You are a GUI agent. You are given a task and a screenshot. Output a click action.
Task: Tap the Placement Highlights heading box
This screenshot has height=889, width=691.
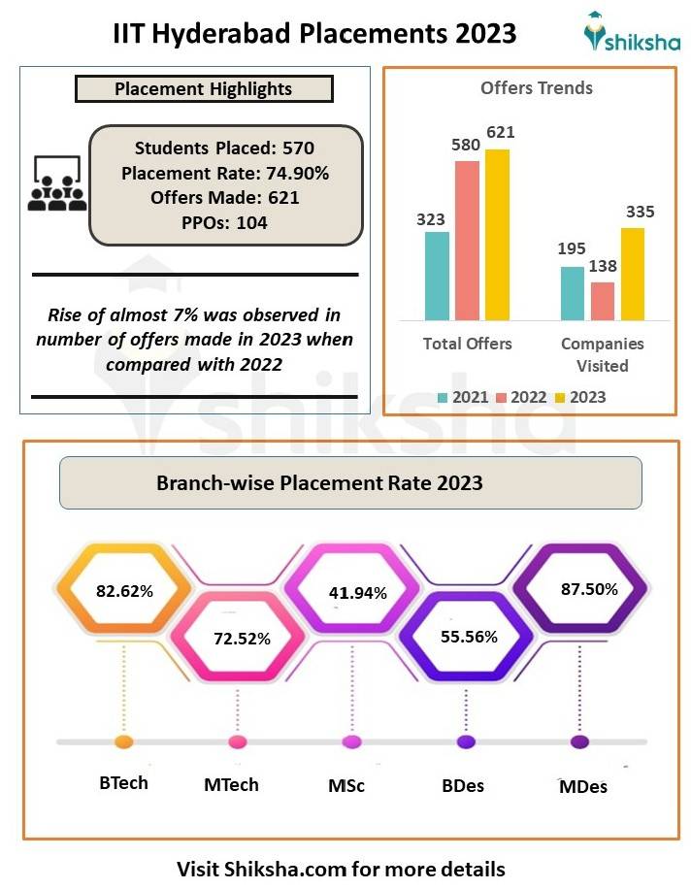point(204,89)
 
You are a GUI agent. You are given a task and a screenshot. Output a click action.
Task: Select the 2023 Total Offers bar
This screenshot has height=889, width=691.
point(497,234)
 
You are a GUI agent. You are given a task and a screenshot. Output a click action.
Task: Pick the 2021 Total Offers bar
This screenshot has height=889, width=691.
point(437,276)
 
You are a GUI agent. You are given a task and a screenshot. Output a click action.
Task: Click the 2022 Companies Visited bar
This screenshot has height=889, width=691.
point(602,301)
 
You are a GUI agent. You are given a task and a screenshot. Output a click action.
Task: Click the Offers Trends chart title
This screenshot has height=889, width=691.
point(537,88)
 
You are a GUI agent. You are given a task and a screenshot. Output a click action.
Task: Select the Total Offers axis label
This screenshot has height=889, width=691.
point(467,344)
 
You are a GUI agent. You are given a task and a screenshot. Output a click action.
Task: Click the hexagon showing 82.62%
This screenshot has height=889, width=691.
point(123,589)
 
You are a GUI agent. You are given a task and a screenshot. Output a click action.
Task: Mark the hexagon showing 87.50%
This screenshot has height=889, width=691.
point(579,589)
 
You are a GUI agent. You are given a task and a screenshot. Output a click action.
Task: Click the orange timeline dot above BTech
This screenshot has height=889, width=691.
point(123,742)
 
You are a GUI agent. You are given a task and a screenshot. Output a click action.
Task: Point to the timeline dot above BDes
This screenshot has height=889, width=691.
point(466,742)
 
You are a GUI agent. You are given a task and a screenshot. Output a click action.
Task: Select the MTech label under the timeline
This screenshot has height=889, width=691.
point(232,784)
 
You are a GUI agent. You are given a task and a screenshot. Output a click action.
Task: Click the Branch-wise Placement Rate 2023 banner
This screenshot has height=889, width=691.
point(349,482)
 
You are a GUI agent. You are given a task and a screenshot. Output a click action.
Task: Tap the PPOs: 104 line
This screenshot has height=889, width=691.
point(224,221)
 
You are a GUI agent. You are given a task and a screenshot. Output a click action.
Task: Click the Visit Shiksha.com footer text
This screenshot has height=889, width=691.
point(341,867)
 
